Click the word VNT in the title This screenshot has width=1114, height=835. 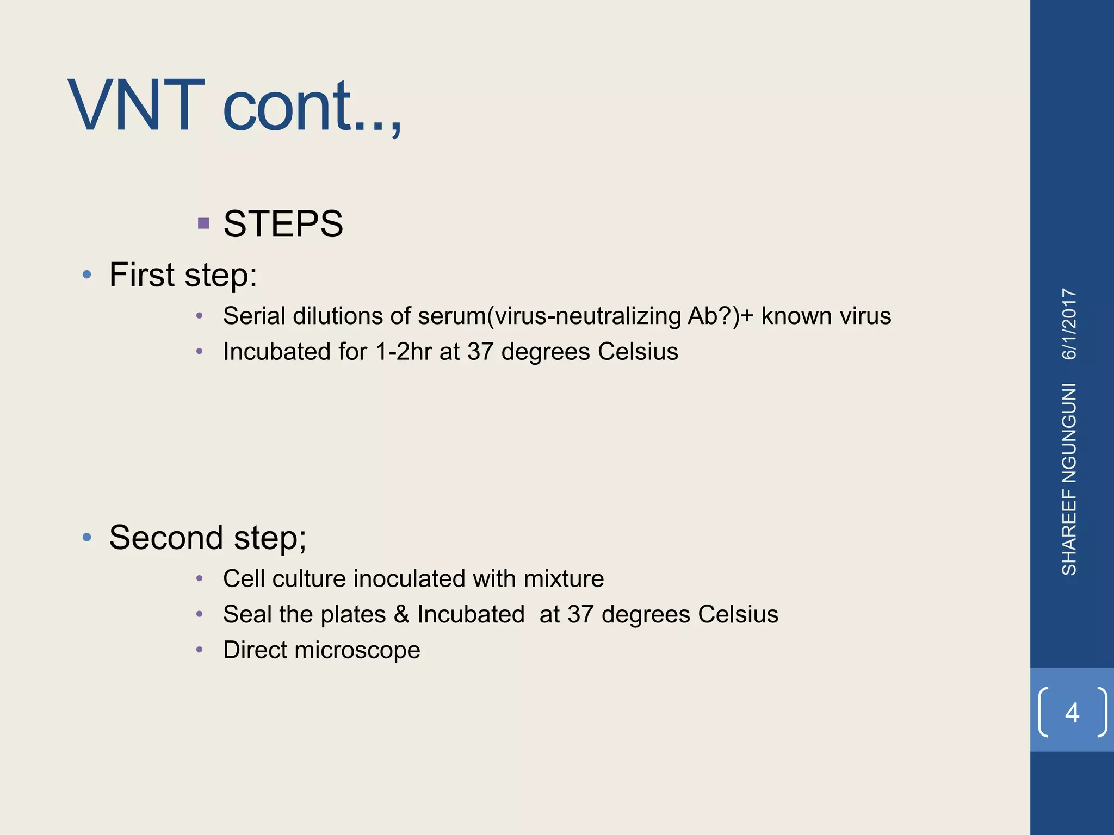(x=136, y=106)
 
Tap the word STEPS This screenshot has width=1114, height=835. (x=283, y=224)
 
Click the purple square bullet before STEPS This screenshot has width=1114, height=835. (x=203, y=223)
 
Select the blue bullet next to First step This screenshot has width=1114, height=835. (x=87, y=275)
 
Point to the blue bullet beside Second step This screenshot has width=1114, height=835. (x=87, y=538)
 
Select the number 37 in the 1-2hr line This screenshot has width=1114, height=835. (x=480, y=352)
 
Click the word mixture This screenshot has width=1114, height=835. (x=564, y=579)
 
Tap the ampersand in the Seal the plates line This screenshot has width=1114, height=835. (x=401, y=614)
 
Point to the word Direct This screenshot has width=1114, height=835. (x=255, y=650)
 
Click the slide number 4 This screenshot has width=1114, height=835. (x=1072, y=712)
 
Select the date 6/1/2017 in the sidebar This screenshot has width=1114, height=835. (x=1069, y=324)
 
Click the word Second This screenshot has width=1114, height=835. (x=166, y=538)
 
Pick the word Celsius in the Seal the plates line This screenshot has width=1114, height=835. (x=738, y=614)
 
